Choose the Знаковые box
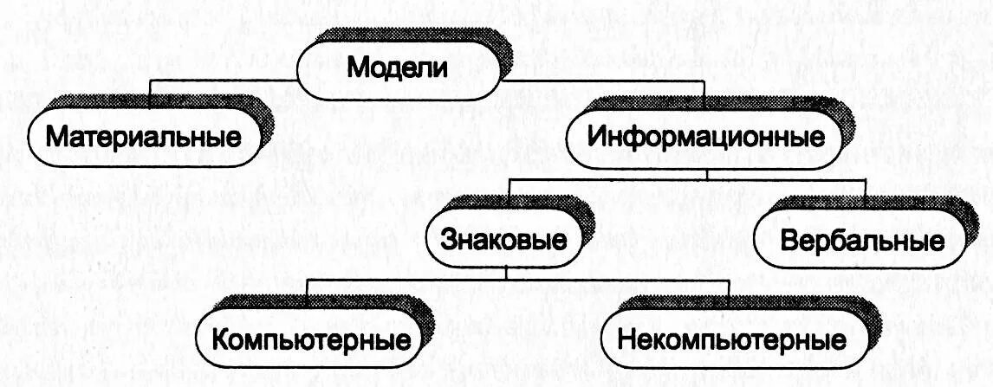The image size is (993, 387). pos(502,237)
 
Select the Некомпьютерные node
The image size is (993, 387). pos(732,337)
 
